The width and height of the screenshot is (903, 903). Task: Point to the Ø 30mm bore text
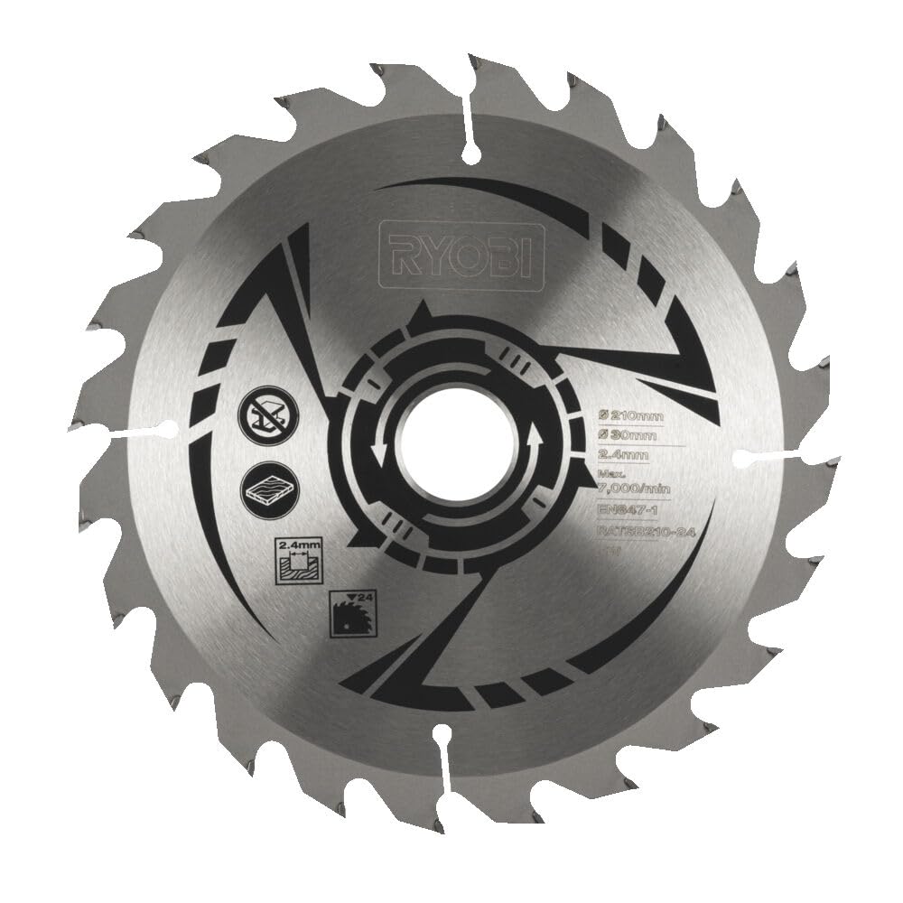[627, 436]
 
